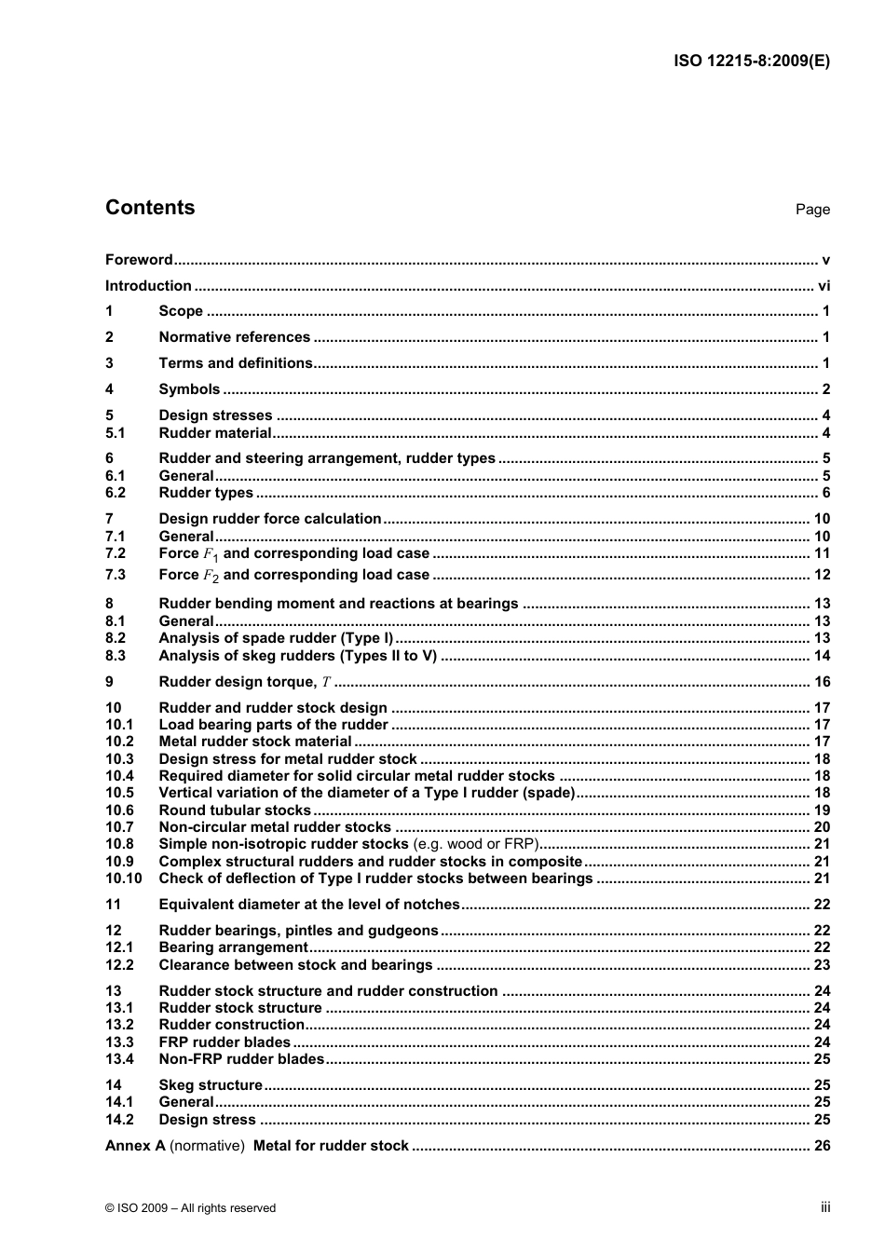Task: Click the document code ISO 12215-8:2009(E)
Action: [x=751, y=61]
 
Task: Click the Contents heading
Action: [x=150, y=208]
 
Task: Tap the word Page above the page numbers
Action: [x=812, y=210]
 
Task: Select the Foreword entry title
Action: [x=139, y=260]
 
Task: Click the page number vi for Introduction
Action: [x=824, y=286]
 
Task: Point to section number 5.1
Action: [x=116, y=433]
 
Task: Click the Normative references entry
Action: [x=235, y=337]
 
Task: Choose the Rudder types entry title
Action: [x=206, y=493]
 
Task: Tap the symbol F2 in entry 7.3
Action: [x=211, y=576]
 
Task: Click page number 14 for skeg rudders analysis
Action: [x=822, y=656]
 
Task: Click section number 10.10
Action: [x=123, y=878]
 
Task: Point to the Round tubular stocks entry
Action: [x=235, y=810]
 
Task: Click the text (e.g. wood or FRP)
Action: [x=475, y=844]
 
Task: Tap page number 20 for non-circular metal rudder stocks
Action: [x=822, y=827]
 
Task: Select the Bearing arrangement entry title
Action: [x=233, y=947]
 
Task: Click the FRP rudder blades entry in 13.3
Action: [x=225, y=1042]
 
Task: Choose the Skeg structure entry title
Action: [x=211, y=1085]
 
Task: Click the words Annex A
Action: [x=135, y=1146]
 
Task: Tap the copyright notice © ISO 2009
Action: [x=191, y=1208]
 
